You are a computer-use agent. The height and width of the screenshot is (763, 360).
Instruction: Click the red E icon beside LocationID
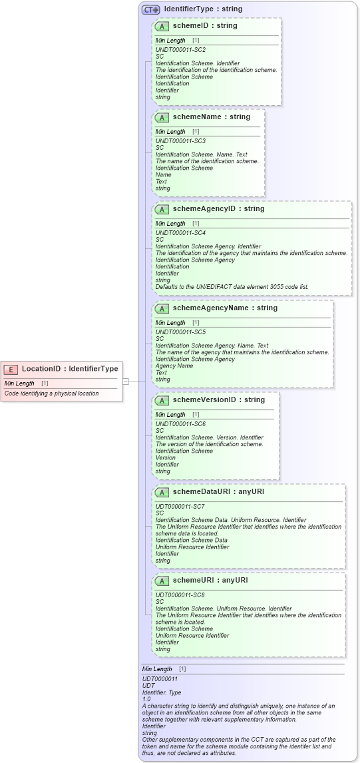tap(11, 369)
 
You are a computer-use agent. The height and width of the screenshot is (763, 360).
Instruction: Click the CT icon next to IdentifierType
tap(150, 9)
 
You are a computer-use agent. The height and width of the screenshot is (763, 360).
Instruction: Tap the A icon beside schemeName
tap(162, 117)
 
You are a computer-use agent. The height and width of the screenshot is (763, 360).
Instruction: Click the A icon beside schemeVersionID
tap(162, 400)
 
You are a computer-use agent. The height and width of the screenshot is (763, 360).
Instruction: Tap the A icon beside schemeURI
tap(162, 581)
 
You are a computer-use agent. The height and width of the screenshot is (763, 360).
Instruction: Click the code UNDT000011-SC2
tap(180, 50)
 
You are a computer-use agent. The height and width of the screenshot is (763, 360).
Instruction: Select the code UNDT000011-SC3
tap(180, 141)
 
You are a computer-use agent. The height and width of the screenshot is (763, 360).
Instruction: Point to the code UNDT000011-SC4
tap(180, 233)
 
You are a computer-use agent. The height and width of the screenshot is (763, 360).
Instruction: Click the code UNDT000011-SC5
tap(180, 332)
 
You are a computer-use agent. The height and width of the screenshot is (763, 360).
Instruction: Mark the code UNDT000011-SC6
tap(180, 424)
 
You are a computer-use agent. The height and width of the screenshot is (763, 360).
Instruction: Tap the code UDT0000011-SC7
tap(180, 507)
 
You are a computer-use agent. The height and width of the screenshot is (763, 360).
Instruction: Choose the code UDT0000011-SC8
tap(180, 595)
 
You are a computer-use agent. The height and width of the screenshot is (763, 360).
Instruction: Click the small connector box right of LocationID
tap(125, 381)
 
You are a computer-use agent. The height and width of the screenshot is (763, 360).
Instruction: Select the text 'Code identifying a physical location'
tap(51, 393)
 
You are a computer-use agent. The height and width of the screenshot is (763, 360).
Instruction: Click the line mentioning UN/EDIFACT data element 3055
tap(232, 287)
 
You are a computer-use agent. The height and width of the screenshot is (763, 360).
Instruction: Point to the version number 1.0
tap(146, 699)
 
